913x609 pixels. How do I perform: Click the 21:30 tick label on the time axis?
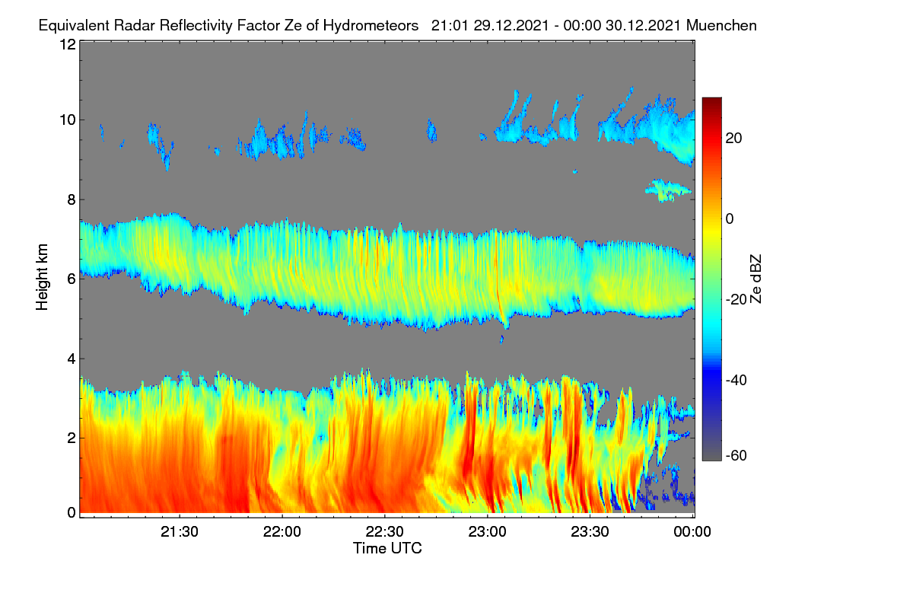click(x=180, y=532)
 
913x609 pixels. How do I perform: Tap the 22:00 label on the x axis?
click(x=282, y=532)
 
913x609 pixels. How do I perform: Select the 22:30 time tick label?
click(x=384, y=532)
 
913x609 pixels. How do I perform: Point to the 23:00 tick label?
click(x=487, y=532)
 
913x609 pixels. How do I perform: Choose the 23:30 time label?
click(x=590, y=532)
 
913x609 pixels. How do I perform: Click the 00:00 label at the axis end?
click(x=692, y=532)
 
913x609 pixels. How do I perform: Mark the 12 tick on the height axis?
click(x=68, y=44)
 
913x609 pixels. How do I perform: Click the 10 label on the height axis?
click(x=68, y=120)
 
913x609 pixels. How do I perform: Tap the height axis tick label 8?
click(x=72, y=199)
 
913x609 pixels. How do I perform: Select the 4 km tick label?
click(x=72, y=359)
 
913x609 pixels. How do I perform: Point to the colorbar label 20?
click(x=733, y=139)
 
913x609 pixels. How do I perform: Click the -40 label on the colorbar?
click(x=736, y=380)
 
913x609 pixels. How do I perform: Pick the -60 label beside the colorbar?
click(x=736, y=456)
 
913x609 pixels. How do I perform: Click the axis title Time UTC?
click(x=387, y=548)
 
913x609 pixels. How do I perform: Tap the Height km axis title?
click(x=42, y=277)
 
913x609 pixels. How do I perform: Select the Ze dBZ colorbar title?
click(x=756, y=279)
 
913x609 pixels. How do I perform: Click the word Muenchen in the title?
click(x=721, y=26)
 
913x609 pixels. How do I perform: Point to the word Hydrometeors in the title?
click(x=371, y=26)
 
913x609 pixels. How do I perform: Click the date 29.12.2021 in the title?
click(x=511, y=26)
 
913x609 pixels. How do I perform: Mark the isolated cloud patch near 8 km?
click(x=668, y=190)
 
